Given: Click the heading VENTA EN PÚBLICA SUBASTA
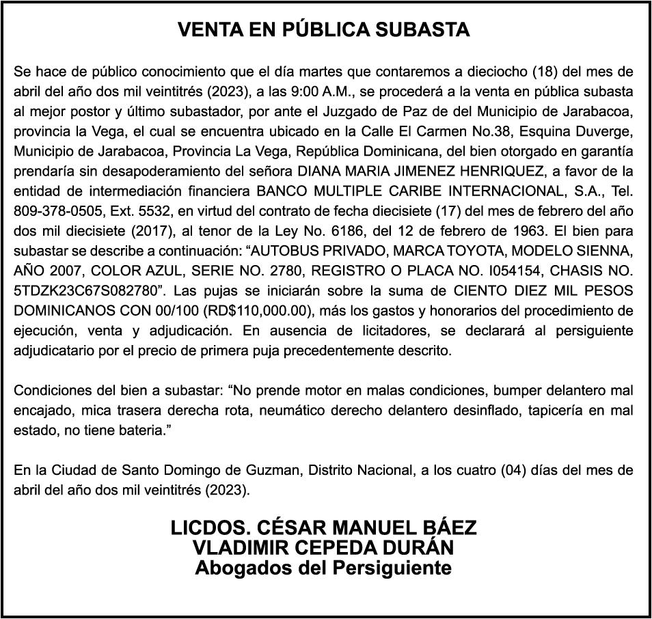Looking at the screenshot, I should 324,30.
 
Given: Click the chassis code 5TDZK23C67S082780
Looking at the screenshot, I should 83,288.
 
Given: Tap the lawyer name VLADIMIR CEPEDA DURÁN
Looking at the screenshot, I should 324,548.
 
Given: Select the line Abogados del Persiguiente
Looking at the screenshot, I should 324,568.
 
